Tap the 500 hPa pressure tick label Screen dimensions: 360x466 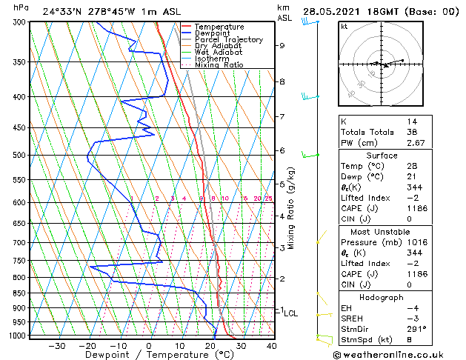(20, 156)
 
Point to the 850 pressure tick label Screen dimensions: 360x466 (20, 293)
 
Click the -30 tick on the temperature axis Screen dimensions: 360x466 (57, 345)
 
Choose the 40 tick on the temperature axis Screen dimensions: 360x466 (272, 345)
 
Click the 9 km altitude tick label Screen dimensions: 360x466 (282, 46)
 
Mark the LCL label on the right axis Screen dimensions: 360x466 (291, 313)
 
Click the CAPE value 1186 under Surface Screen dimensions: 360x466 (417, 207)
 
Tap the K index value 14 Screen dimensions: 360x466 (411, 121)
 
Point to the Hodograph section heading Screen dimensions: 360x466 (382, 297)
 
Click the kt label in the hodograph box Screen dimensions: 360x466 (344, 27)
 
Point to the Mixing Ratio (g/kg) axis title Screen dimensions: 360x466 (291, 207)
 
